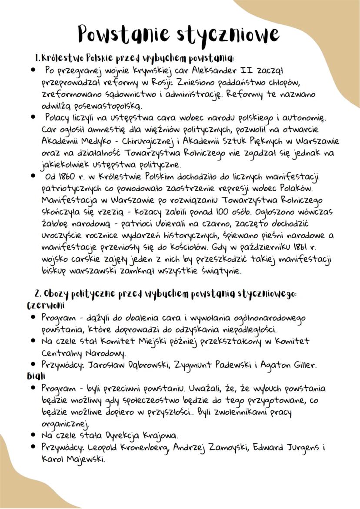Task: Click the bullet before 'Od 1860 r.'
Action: coord(33,176)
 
